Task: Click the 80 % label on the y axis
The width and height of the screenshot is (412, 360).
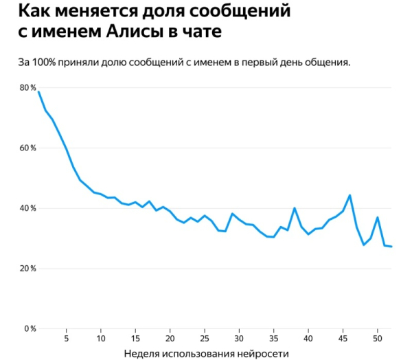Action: [27, 88]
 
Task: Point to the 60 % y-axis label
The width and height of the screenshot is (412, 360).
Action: [27, 148]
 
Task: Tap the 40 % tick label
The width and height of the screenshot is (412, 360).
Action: [27, 208]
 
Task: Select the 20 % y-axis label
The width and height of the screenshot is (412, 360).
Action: [27, 269]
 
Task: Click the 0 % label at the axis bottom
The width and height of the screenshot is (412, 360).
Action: [30, 329]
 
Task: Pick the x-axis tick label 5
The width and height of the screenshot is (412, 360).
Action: [66, 339]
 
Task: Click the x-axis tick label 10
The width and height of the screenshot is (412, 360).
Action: [101, 339]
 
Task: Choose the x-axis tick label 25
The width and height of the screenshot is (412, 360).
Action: [205, 339]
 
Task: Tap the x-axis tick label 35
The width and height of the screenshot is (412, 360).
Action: [274, 339]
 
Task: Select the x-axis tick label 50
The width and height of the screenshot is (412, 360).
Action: [378, 339]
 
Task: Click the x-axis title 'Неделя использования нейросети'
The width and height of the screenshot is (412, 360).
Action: [207, 353]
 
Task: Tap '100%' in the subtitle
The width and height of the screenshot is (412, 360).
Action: [45, 63]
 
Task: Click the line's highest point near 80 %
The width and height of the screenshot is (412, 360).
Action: [38, 92]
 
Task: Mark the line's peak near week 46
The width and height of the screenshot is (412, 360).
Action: [350, 195]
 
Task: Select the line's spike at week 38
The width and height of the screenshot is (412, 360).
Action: [295, 208]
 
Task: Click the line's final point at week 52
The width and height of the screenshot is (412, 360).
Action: [391, 247]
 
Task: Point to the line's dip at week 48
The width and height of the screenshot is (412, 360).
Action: [364, 245]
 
